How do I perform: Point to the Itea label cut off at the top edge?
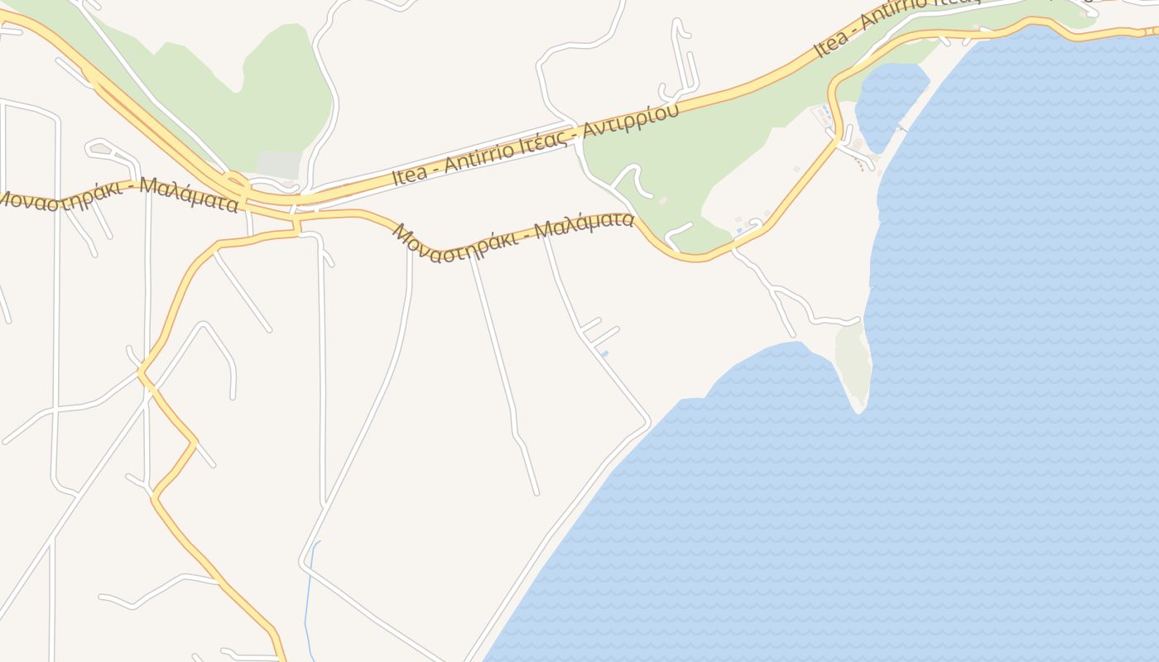point(830,41)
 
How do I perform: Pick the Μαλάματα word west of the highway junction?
point(188,195)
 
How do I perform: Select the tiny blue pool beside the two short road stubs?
point(605,354)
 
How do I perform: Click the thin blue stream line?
point(307,596)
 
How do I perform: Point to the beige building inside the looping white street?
point(101,149)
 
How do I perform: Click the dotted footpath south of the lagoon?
point(865,165)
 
